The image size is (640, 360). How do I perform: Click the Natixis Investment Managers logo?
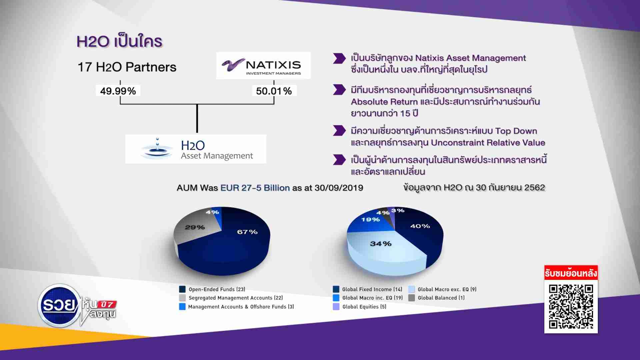263,65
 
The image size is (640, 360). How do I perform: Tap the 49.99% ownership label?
118,91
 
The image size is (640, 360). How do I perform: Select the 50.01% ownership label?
274,91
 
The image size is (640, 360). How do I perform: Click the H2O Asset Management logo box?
196,149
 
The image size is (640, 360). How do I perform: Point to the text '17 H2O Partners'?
127,67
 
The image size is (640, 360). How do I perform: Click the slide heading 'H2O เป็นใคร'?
119,42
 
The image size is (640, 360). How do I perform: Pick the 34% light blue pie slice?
383,250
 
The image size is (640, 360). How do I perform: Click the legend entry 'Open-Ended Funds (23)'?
212,289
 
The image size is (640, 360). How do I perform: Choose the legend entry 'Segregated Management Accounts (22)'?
231,298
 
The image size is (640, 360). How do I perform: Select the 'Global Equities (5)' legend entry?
360,307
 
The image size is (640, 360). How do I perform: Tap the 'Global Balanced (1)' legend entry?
436,298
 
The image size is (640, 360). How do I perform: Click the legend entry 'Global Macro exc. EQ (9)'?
442,289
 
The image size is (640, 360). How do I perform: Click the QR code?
571,306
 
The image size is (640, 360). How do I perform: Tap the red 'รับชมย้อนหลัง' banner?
571,273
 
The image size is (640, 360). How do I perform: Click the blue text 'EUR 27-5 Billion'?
255,188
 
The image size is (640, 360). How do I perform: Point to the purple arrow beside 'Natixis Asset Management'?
339,58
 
